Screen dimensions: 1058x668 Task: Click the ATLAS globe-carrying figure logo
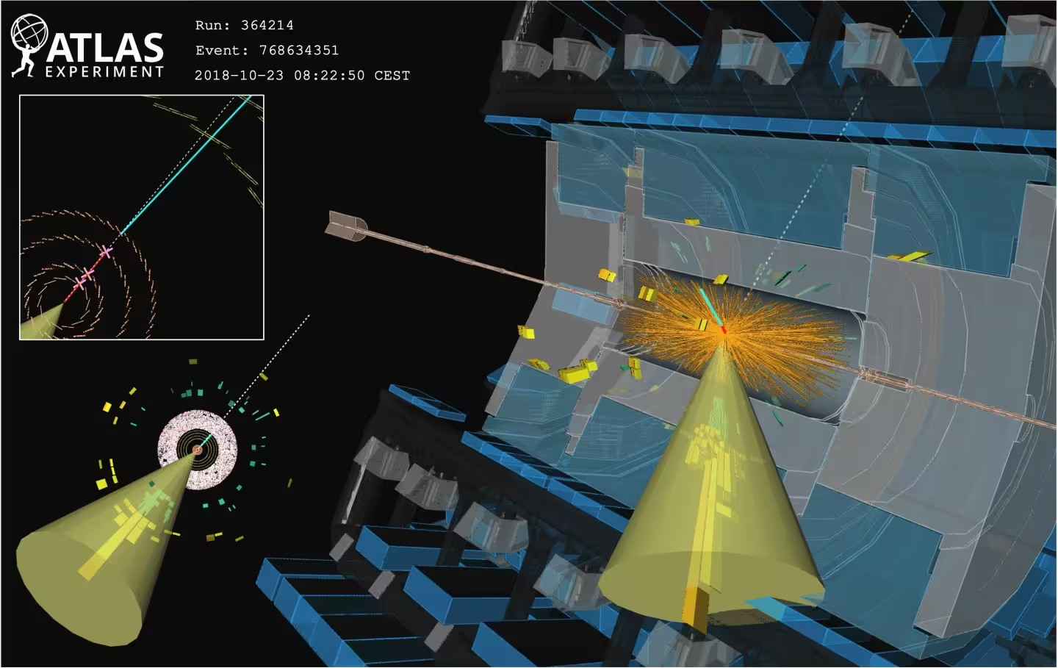click(29, 46)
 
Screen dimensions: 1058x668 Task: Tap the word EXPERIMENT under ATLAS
click(104, 72)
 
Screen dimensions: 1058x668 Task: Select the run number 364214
click(267, 25)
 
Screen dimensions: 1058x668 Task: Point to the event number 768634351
click(299, 50)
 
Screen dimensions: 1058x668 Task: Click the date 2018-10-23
click(239, 75)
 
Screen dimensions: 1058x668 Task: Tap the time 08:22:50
click(329, 75)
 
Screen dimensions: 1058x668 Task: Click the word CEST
click(392, 75)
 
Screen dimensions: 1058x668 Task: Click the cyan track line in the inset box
click(186, 165)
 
